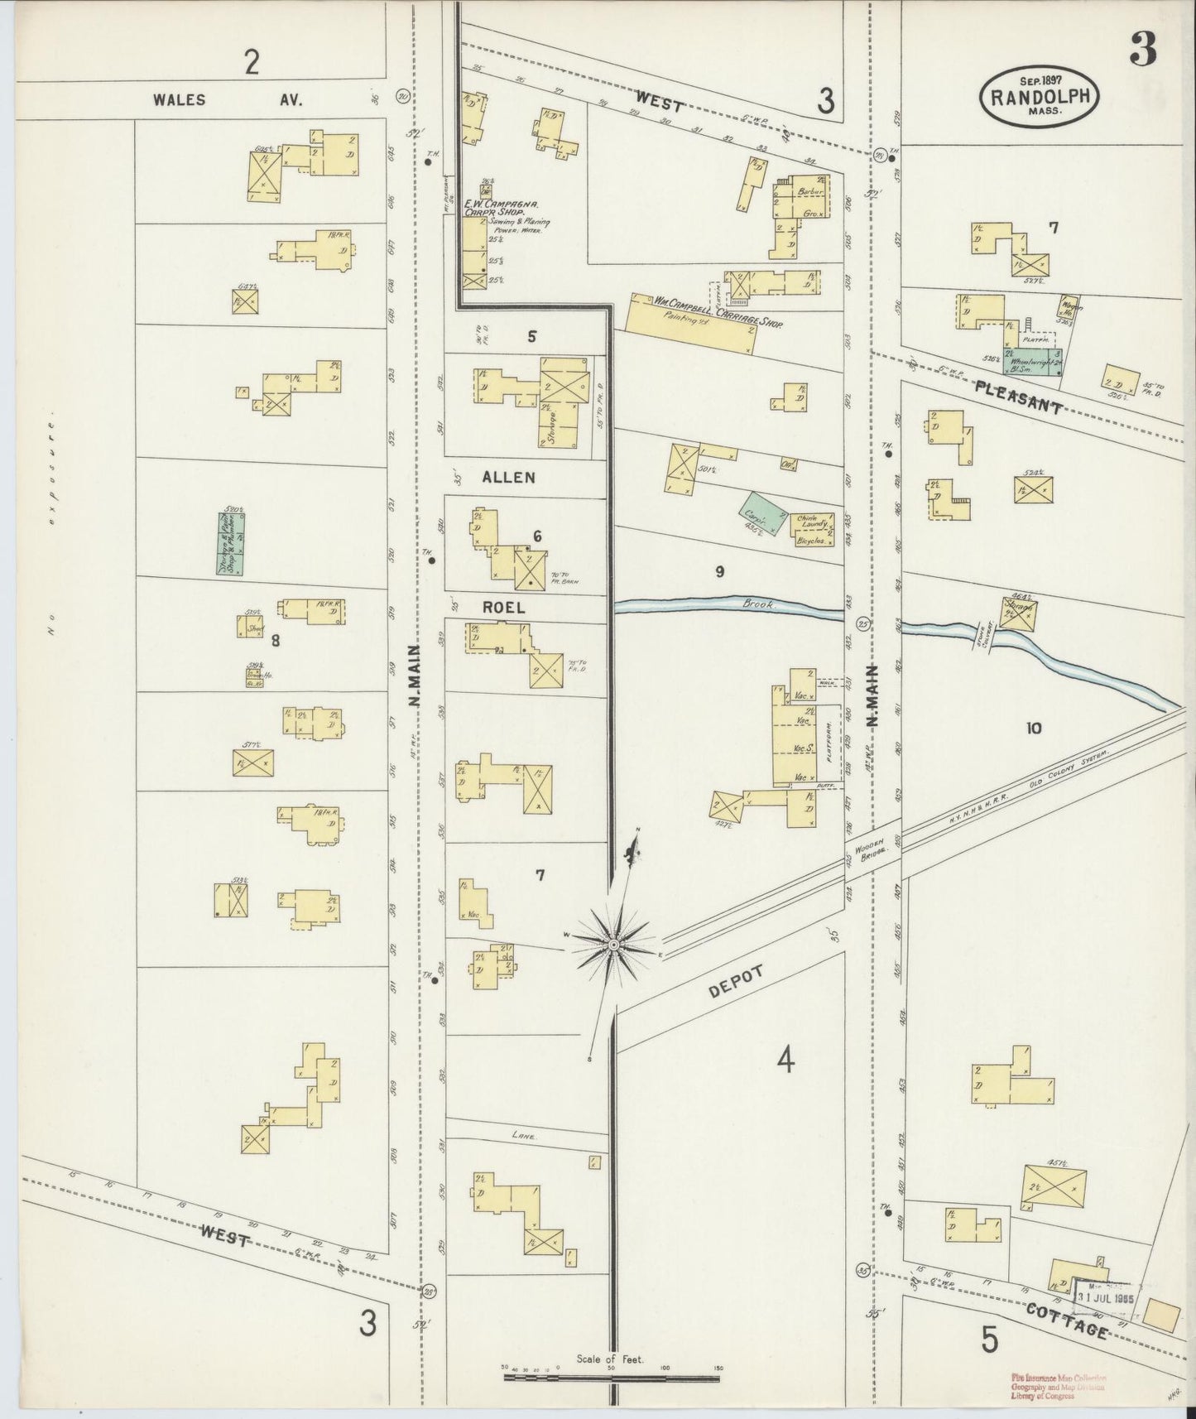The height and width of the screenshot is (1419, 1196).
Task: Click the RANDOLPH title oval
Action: point(1040,97)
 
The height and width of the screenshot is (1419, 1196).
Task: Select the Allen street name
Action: point(510,478)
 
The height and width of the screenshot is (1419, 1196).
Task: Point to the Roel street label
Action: point(504,607)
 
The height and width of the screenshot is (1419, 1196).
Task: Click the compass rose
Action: point(614,945)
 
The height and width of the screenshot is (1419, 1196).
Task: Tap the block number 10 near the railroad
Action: point(1033,729)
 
